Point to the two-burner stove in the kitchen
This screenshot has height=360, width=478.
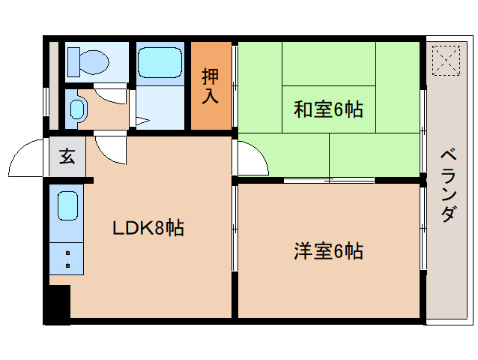pyautogui.click(x=68, y=259)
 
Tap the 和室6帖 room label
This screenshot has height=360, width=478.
pyautogui.click(x=327, y=110)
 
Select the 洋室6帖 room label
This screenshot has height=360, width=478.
pyautogui.click(x=328, y=250)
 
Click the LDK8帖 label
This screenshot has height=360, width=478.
pyautogui.click(x=148, y=227)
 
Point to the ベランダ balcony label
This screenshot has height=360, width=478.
pyautogui.click(x=447, y=186)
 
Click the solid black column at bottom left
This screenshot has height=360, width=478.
pyautogui.click(x=57, y=304)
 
